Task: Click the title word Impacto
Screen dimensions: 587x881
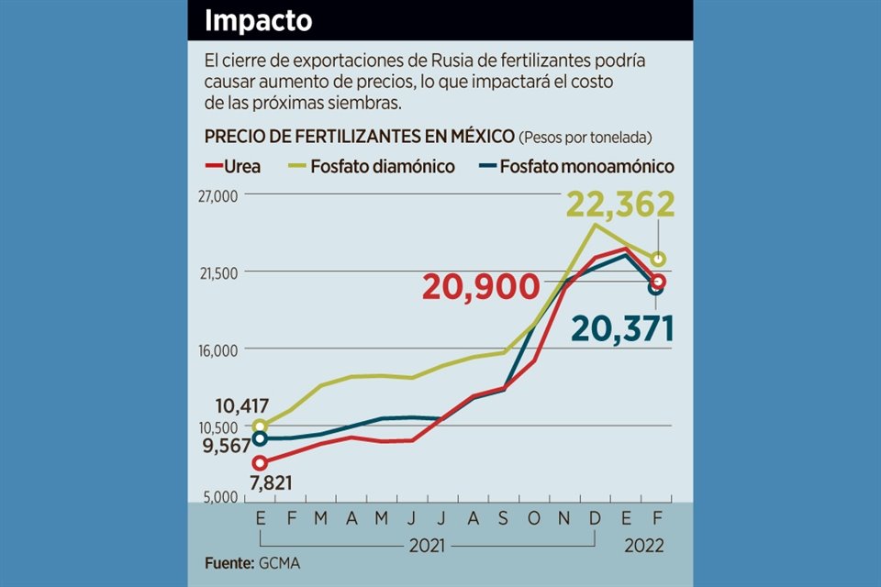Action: pos(258,20)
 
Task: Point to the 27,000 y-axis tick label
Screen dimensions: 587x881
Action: pos(217,196)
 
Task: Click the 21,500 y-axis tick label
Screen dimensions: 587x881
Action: pos(217,272)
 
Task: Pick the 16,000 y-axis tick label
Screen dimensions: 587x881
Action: pos(217,349)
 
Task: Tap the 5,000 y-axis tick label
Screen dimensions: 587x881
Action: pos(220,496)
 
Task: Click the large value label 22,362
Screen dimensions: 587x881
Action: pos(620,205)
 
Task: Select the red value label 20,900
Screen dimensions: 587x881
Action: pos(480,287)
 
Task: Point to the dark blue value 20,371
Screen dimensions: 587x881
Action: pos(622,327)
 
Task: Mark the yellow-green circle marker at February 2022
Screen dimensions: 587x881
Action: pos(657,259)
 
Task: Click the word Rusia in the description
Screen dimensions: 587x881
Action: pos(434,62)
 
